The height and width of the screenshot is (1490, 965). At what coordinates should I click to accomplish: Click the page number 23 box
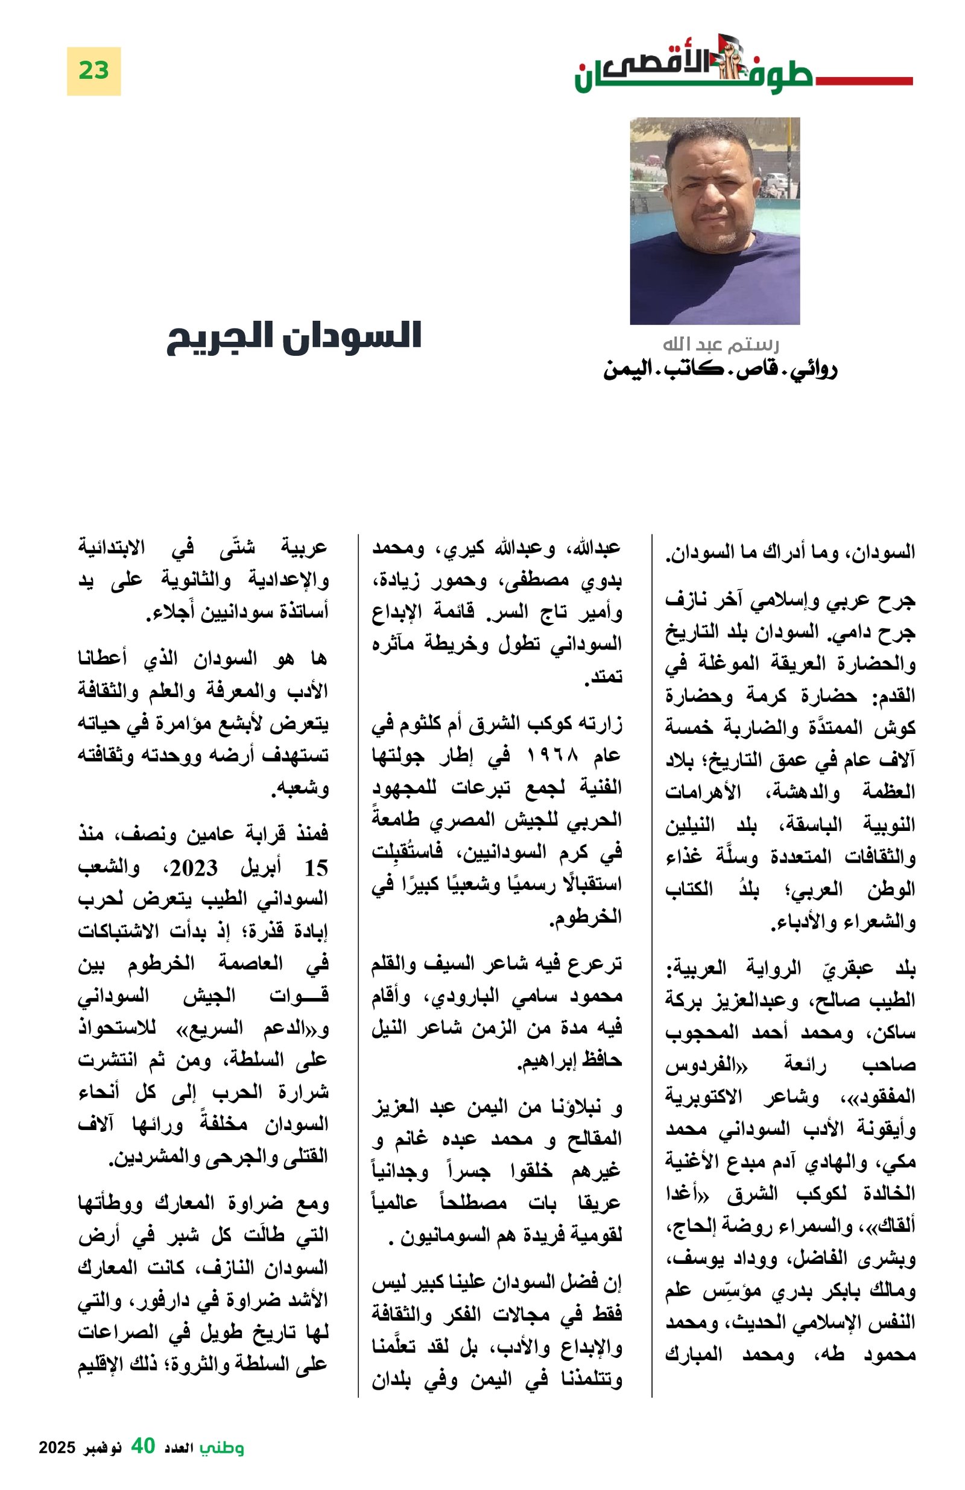coord(93,71)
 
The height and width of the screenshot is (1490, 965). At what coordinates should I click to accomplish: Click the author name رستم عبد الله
coord(720,344)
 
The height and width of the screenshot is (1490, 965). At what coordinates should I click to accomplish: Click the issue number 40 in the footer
coord(143,1445)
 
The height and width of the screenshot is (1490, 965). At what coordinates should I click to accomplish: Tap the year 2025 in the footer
coord(57,1447)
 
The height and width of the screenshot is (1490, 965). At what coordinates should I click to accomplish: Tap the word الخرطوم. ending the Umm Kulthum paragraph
coord(586,917)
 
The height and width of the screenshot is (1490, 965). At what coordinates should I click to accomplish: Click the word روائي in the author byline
coord(811,370)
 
